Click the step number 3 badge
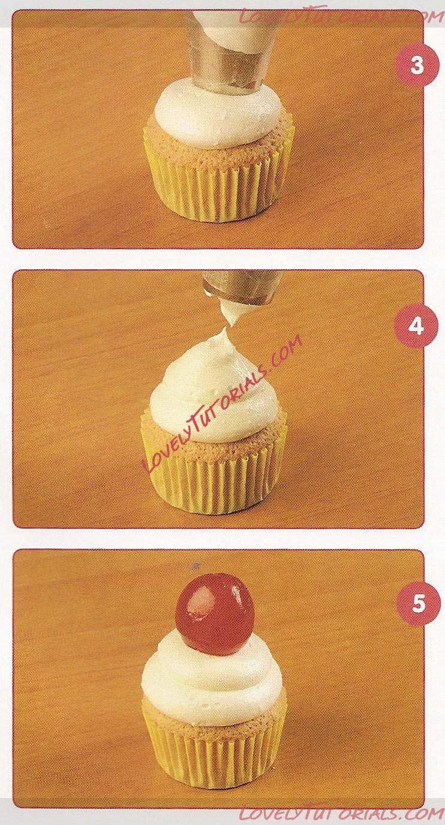pyautogui.click(x=417, y=67)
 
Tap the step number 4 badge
pyautogui.click(x=416, y=327)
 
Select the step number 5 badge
pyautogui.click(x=418, y=604)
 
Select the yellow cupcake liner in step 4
pyautogui.click(x=214, y=475)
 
